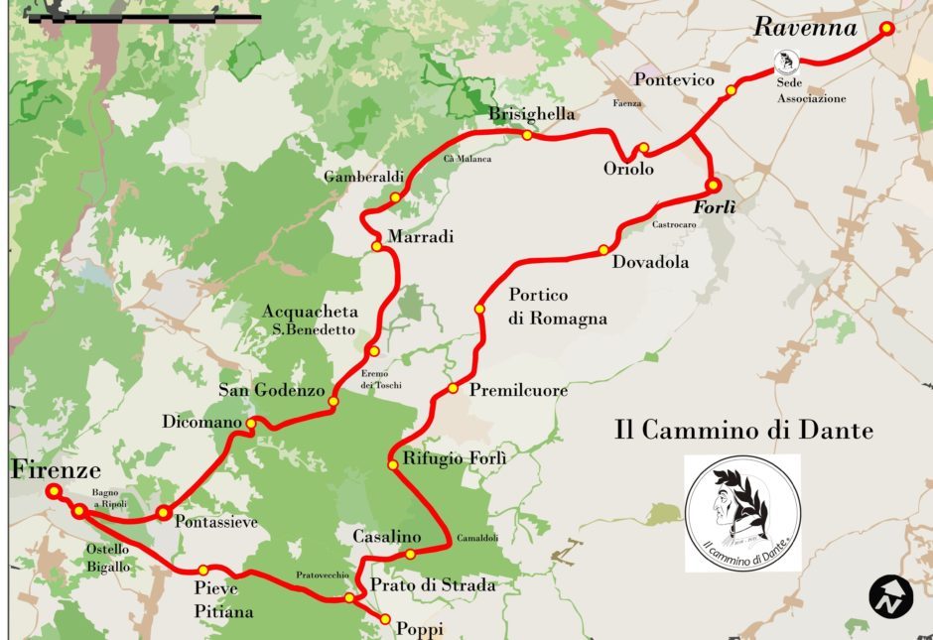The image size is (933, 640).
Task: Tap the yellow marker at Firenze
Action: click(x=52, y=491)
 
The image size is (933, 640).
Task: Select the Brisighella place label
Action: click(x=531, y=114)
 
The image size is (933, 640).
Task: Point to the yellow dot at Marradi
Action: click(x=376, y=246)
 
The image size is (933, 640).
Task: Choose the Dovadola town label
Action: click(x=650, y=263)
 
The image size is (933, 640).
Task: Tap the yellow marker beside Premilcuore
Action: click(x=453, y=388)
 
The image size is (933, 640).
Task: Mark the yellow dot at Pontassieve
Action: click(x=162, y=511)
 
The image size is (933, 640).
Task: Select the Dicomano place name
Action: click(x=201, y=423)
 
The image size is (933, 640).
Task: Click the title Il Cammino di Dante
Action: click(x=743, y=431)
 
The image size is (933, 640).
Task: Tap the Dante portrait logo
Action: click(x=742, y=512)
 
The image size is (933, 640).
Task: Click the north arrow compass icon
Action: click(x=890, y=596)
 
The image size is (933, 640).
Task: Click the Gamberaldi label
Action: click(x=363, y=177)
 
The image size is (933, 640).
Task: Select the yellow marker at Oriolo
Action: click(x=643, y=149)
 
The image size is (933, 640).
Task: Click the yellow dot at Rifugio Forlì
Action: click(x=393, y=464)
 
